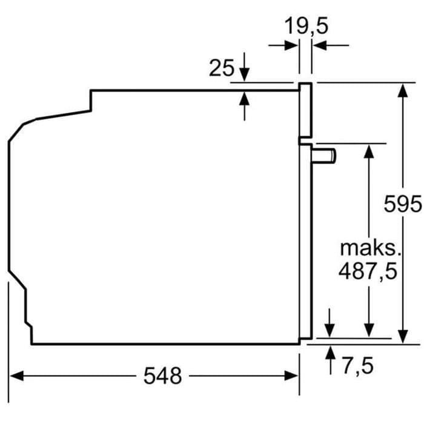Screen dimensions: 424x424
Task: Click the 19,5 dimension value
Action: click(306, 26)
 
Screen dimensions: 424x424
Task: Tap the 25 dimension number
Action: click(222, 68)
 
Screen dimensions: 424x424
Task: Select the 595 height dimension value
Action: click(403, 204)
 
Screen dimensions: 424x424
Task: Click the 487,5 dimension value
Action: click(368, 271)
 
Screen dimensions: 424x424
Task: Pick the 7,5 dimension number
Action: click(358, 366)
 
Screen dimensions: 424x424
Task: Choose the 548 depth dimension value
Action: click(162, 376)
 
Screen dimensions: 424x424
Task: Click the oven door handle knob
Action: click(323, 156)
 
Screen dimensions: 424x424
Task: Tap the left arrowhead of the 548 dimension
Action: click(16, 376)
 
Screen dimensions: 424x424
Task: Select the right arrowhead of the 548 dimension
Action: click(291, 376)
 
